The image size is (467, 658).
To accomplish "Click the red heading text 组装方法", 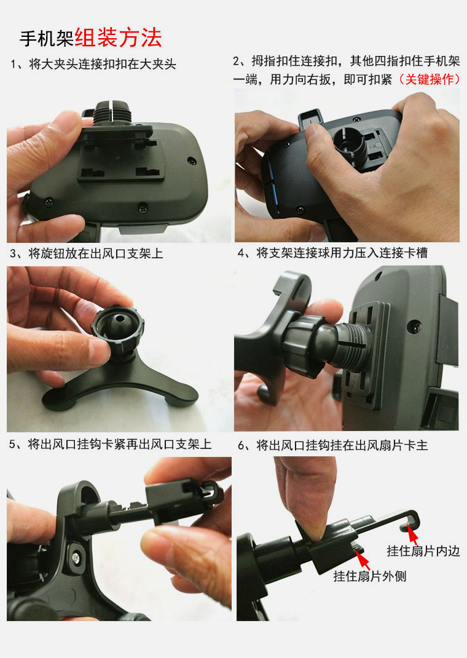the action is pyautogui.click(x=118, y=38).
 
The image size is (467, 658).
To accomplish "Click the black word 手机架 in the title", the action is pyautogui.click(x=47, y=39).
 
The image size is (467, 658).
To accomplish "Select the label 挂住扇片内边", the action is pyautogui.click(x=423, y=550).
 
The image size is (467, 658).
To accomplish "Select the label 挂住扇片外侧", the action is pyautogui.click(x=370, y=576).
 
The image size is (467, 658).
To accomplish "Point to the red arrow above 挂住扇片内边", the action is pyautogui.click(x=413, y=536).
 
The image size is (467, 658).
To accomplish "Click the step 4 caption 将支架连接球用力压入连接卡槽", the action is pyautogui.click(x=342, y=253).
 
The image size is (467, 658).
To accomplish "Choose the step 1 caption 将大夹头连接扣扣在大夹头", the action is pyautogui.click(x=103, y=64).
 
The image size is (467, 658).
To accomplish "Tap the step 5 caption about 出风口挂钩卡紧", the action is pyautogui.click(x=119, y=444).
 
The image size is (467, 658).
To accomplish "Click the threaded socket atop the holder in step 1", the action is pyautogui.click(x=112, y=113).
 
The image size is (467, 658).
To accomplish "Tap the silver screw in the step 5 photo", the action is pyautogui.click(x=76, y=558).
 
